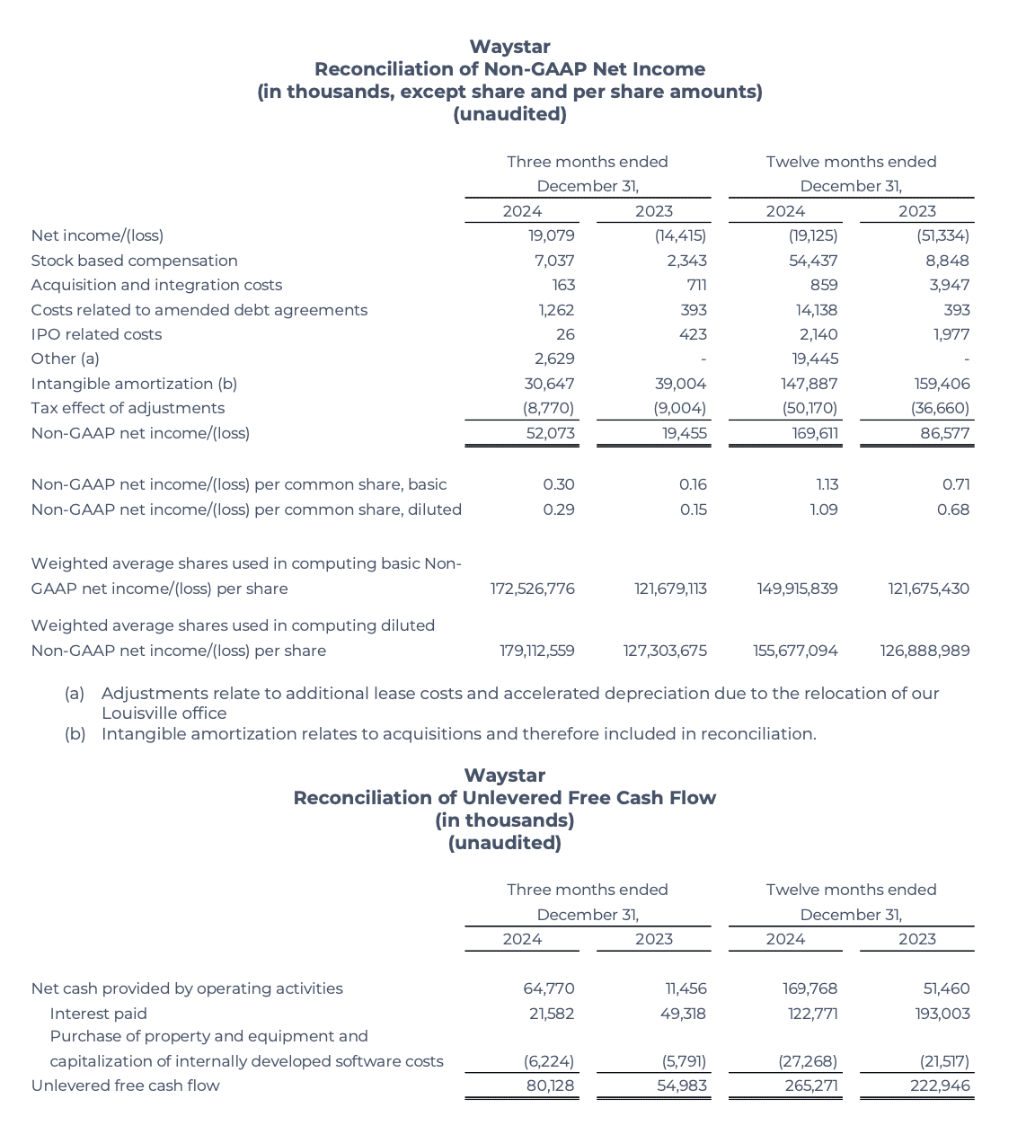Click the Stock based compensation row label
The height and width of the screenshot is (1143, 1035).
coord(134,261)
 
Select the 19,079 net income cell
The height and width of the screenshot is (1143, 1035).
coord(551,235)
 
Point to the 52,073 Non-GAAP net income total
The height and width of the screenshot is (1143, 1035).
coord(550,433)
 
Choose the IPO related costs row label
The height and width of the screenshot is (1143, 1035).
coord(96,334)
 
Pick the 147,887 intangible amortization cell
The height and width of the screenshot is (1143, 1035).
coord(809,384)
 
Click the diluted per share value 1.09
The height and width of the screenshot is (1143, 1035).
coord(823,509)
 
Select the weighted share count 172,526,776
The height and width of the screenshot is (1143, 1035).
coord(532,589)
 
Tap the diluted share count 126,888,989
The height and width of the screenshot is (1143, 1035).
coord(924,651)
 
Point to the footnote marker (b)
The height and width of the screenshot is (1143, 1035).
coord(75,734)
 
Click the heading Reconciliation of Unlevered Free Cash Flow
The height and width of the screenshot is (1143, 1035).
coord(504,798)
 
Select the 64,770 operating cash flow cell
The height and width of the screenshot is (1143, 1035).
coord(548,988)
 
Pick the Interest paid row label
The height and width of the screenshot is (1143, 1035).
coord(98,1014)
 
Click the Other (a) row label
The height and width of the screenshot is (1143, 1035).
coord(65,359)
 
